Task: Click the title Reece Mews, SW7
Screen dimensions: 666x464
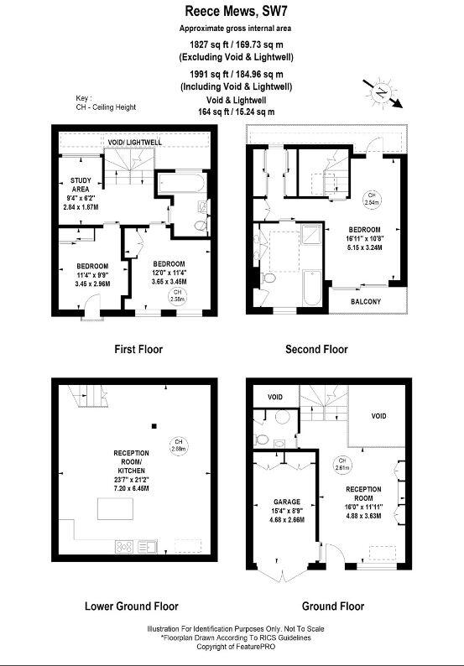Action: click(232, 12)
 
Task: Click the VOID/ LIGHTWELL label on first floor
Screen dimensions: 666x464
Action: click(134, 143)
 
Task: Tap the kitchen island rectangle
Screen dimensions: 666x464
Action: click(116, 509)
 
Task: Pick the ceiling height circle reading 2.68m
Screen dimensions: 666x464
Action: click(177, 445)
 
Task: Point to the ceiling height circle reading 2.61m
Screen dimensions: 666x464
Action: click(341, 464)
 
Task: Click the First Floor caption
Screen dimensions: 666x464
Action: click(138, 349)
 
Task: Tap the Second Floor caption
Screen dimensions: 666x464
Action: click(316, 349)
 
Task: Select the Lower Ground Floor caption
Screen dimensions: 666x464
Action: click(132, 606)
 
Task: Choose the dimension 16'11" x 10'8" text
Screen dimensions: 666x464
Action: click(366, 238)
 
